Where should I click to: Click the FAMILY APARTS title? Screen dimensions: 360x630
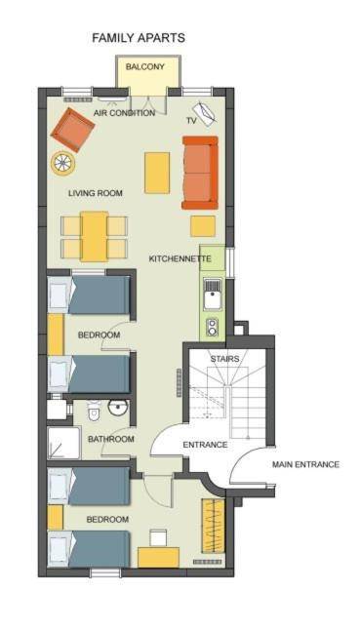[139, 38]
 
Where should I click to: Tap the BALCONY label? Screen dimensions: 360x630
[145, 66]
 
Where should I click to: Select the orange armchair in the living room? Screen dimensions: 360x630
[73, 130]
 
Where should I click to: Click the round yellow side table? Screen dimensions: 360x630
[63, 163]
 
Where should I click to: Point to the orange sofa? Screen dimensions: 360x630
[200, 173]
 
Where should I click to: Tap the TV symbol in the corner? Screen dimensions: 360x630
[205, 114]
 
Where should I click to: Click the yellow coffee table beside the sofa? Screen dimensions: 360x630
[157, 173]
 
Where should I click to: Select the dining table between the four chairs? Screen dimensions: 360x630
[94, 237]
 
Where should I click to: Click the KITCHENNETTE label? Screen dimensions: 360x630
[180, 258]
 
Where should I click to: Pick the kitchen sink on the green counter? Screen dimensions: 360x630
[212, 294]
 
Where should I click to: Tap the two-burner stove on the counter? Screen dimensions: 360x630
[212, 327]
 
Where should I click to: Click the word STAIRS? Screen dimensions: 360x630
[225, 358]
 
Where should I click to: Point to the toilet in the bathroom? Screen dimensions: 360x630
[94, 410]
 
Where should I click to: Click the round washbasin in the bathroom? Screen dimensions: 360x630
[117, 408]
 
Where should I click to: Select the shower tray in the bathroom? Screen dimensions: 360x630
[63, 443]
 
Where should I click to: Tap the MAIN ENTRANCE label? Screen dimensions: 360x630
[305, 464]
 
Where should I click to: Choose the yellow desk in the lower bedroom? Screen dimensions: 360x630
[158, 557]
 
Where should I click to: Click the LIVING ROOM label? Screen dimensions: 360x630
[96, 193]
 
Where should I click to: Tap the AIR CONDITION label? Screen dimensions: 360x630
[124, 113]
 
